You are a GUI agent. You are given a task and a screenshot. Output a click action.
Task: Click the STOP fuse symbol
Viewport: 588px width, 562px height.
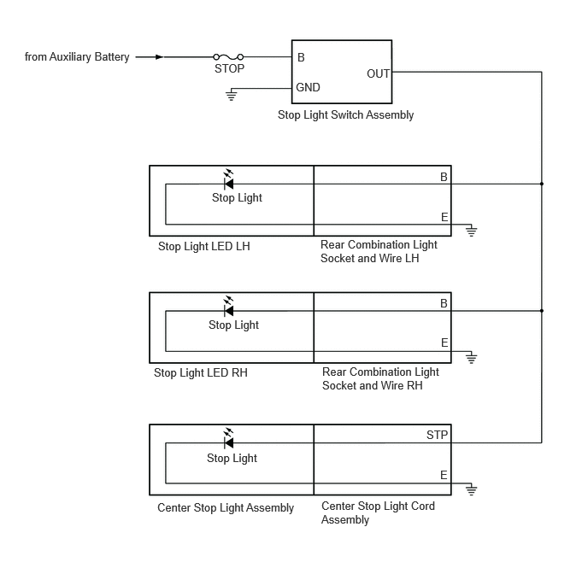228,57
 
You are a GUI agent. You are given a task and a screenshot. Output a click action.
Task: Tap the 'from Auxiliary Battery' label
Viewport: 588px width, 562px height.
77,57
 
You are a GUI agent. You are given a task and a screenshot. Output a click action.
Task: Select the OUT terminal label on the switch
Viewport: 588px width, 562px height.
378,73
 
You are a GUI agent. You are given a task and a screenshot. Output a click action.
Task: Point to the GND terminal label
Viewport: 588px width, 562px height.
308,87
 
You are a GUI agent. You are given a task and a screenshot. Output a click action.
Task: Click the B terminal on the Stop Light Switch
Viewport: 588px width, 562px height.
301,57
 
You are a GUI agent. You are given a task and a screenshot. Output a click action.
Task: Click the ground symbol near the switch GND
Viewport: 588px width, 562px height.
232,95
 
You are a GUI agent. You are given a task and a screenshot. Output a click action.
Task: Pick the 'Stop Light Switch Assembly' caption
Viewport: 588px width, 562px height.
345,114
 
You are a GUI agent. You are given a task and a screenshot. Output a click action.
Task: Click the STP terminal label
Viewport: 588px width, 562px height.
437,435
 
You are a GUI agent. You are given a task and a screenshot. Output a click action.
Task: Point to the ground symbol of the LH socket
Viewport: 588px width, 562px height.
472,231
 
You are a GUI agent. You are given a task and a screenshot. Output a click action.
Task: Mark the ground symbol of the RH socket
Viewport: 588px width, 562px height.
472,357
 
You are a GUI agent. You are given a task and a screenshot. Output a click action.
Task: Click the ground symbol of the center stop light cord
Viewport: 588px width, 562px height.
472,489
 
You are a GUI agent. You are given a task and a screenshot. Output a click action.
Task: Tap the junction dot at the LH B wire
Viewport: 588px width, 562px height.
542,184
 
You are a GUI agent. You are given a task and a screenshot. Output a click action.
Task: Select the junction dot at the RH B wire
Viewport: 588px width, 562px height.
542,311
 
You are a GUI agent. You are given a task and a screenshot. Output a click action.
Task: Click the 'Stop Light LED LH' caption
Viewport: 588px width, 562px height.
204,247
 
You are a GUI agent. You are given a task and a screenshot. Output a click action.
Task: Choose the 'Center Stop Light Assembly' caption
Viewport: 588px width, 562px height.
226,507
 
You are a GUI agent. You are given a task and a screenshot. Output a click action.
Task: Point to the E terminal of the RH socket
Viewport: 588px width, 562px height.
444,342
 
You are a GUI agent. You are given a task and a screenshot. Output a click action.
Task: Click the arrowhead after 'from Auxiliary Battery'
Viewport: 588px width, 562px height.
160,57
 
